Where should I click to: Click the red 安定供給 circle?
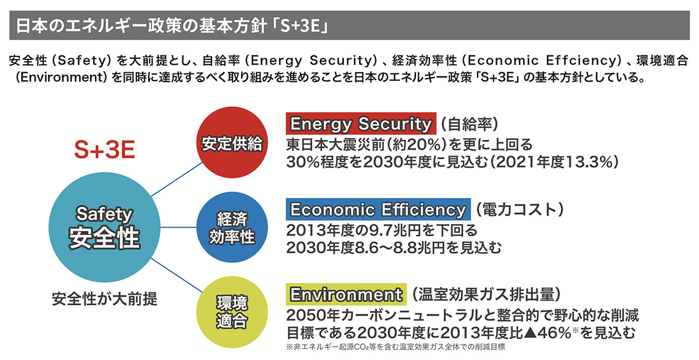pos(232,143)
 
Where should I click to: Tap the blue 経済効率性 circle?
pos(232,227)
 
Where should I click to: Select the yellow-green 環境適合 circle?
pos(232,312)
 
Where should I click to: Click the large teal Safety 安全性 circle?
pos(104,227)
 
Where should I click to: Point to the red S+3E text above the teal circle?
pos(104,150)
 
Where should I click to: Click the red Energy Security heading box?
pos(361,123)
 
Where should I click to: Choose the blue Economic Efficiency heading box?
pos(378,209)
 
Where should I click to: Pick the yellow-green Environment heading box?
pos(347,294)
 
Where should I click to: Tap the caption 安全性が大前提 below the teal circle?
pos(104,299)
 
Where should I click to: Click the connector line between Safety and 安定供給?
pos(177,179)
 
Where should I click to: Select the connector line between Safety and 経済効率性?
pos(178,227)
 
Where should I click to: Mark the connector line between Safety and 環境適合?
pos(177,276)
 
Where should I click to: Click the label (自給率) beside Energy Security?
pos(469,124)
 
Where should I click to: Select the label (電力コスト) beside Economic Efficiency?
pos(520,209)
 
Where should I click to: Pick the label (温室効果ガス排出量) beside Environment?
pos(486,294)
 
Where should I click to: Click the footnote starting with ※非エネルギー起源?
pos(396,347)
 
